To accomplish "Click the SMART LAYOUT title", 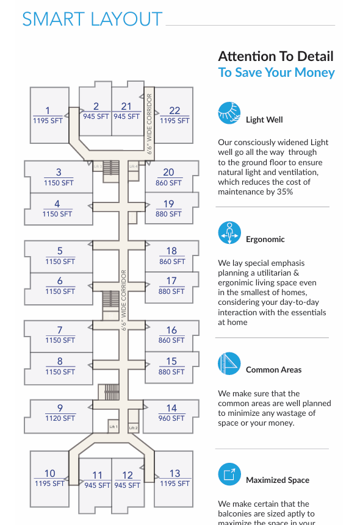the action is pos(92,19).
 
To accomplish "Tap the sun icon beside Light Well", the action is pos(229,113).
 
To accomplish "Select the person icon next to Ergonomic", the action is pos(229,233).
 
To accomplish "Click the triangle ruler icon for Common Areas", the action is pos(229,363).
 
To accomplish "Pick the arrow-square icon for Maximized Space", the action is pos(229,474).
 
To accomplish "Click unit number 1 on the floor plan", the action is pos(48,110).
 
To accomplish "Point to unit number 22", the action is pos(175,110).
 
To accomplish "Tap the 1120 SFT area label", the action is pos(60,418).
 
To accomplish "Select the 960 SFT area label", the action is pos(171,418).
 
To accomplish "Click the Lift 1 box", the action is pos(113,427).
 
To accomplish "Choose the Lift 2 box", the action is pos(134,427).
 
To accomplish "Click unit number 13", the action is pos(175,473).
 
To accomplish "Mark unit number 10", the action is pos(49,473).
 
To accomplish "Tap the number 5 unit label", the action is pos(60,251).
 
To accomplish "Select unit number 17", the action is pos(171,280).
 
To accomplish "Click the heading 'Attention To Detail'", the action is pos(276,56).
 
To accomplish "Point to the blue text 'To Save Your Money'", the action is pos(276,73).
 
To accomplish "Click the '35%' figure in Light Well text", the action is pos(285,192).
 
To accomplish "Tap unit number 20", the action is pos(168,172).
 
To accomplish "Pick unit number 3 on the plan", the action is pos(59,172).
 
